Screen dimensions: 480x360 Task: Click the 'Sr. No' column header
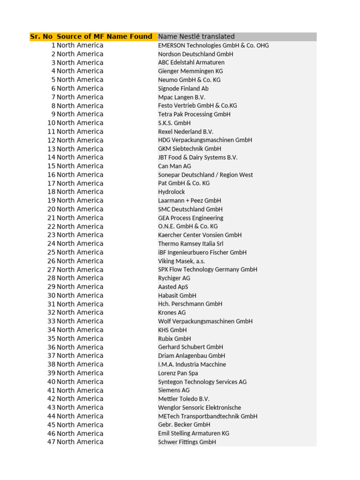(x=41, y=37)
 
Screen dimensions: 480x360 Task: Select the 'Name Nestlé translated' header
(x=196, y=37)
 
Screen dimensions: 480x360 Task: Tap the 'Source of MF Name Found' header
(x=105, y=37)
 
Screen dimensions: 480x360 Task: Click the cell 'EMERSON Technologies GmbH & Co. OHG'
(x=213, y=45)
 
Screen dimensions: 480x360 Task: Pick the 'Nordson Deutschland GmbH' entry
(x=195, y=54)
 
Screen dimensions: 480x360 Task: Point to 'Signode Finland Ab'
(x=183, y=89)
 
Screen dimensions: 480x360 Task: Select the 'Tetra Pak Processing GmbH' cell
(x=194, y=114)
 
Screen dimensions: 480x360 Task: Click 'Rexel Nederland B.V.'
(x=186, y=132)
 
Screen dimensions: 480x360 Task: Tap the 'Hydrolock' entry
(x=172, y=192)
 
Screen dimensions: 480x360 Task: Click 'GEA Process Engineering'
(x=191, y=218)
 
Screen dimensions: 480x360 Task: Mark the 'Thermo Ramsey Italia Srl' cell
(x=191, y=244)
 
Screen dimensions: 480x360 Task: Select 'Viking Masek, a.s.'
(x=181, y=261)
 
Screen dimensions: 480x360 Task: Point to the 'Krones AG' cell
(x=172, y=313)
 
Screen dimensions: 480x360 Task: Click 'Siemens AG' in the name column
(x=174, y=390)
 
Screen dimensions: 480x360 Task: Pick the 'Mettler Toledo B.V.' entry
(x=184, y=399)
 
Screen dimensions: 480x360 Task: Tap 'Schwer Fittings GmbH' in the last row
(x=187, y=442)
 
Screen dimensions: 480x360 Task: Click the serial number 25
(x=51, y=252)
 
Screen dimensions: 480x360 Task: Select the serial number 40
(x=51, y=382)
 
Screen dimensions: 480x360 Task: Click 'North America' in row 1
(x=80, y=45)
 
